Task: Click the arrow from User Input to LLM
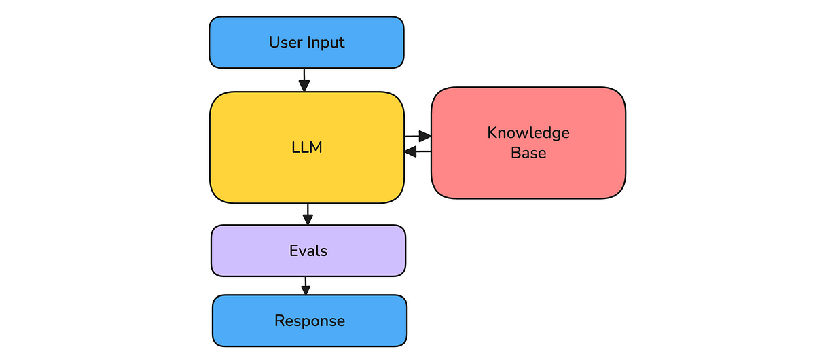click(x=304, y=77)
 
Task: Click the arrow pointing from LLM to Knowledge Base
click(x=417, y=137)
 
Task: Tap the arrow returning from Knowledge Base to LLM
click(x=417, y=151)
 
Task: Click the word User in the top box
click(x=285, y=42)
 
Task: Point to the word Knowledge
click(x=528, y=132)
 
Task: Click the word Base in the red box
click(x=528, y=153)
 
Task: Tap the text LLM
click(x=306, y=147)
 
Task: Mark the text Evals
click(x=308, y=251)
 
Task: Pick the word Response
click(x=310, y=321)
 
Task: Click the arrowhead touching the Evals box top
click(x=308, y=219)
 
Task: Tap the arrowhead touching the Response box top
click(x=306, y=290)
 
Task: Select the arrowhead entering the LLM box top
click(x=304, y=86)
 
